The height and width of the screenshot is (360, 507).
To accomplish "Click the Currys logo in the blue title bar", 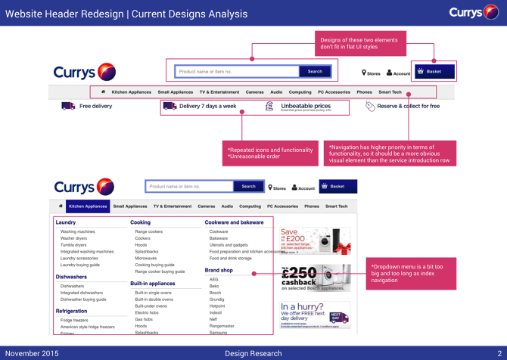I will [x=473, y=12].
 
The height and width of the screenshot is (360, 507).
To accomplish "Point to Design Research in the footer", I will [x=253, y=353].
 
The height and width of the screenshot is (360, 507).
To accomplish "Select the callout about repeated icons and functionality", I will [x=270, y=154].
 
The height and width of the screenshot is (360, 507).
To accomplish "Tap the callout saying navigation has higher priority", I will [x=390, y=154].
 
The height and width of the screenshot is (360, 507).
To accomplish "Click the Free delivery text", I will [x=95, y=107].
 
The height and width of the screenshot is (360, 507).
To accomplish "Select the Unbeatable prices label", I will [x=306, y=106].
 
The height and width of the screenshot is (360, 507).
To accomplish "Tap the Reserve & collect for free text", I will [x=409, y=107].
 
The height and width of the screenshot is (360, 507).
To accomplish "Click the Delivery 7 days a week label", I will [x=207, y=107].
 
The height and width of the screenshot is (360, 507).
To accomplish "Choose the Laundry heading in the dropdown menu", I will [x=66, y=222].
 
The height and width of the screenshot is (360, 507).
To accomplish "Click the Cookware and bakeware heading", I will [x=234, y=222].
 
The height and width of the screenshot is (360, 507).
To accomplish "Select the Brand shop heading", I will [x=219, y=270].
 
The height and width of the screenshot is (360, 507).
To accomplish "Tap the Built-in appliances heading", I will [x=152, y=284].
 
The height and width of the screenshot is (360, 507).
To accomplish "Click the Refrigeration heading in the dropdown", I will [x=70, y=311].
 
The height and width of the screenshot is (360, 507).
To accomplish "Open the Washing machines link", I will [x=78, y=231].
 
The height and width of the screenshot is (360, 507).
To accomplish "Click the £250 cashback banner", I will [x=315, y=278].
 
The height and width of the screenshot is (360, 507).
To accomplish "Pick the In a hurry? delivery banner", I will [x=315, y=313].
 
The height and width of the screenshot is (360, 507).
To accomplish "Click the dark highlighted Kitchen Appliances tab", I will [x=88, y=206].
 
